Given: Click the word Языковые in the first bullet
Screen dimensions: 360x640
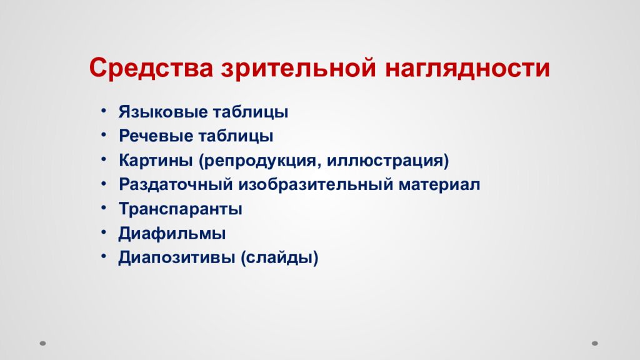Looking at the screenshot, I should point(156,112).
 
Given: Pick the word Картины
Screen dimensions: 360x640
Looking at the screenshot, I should point(156,161).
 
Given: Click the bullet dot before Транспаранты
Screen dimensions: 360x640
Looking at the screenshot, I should point(102,208).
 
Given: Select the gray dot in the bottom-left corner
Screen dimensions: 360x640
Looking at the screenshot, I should point(43,342).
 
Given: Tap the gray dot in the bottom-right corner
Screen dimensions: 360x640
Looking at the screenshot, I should point(595,342).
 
